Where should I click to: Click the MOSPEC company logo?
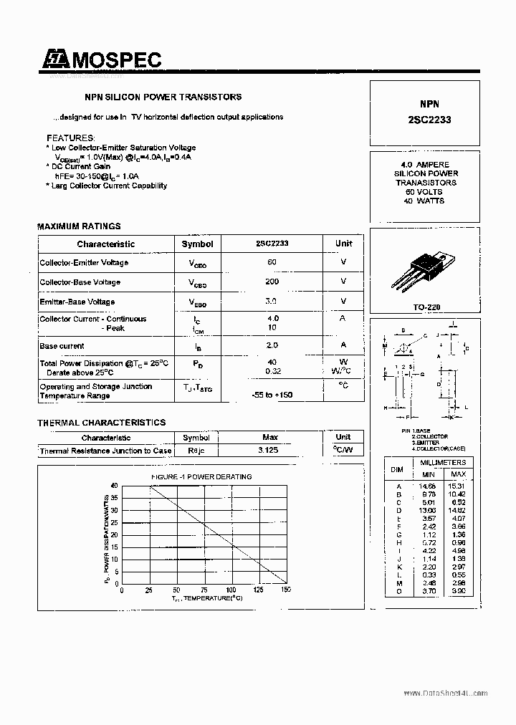[x=101, y=59]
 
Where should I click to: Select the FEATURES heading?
[x=70, y=138]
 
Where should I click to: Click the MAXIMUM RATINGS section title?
[x=79, y=226]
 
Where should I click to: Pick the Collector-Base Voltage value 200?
[x=272, y=282]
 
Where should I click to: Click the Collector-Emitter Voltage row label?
[x=84, y=263]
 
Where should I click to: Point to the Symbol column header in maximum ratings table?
[x=197, y=244]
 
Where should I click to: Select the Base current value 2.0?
[x=272, y=345]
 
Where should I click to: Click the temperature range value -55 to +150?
[x=272, y=395]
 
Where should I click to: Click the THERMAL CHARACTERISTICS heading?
[x=101, y=423]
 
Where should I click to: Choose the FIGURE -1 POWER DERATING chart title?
[x=201, y=476]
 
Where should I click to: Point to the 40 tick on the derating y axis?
[x=114, y=486]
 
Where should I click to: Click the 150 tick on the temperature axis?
[x=286, y=590]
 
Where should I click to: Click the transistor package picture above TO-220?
[x=428, y=271]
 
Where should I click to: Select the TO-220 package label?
[x=426, y=307]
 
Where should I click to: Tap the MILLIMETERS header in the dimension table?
[x=443, y=463]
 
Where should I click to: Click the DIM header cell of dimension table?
[x=397, y=469]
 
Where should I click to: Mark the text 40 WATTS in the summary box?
[x=424, y=201]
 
